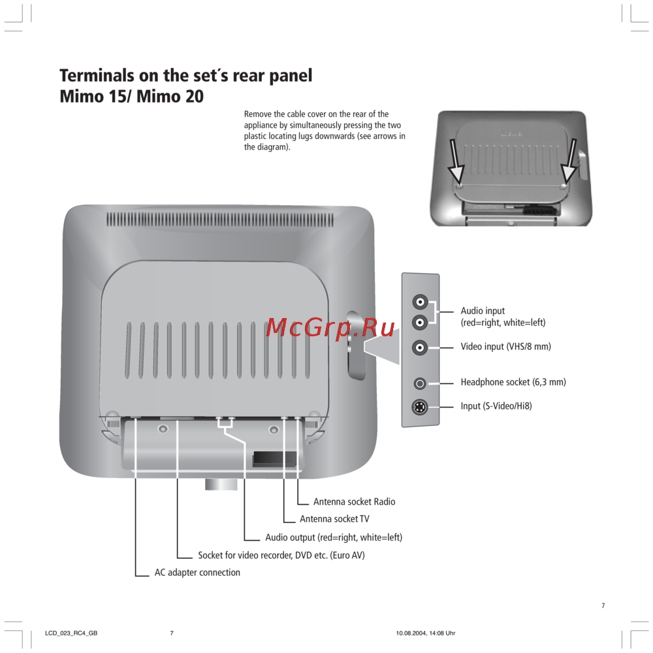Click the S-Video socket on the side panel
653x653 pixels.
click(419, 407)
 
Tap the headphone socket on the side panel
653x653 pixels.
click(420, 383)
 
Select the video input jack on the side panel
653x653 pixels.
click(420, 347)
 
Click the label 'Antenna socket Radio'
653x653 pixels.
click(354, 502)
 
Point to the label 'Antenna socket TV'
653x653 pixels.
click(334, 519)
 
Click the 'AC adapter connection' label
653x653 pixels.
click(197, 573)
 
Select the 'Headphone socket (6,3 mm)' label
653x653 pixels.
click(513, 382)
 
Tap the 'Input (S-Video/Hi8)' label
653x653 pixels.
click(496, 406)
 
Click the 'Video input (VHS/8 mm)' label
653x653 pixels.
click(505, 347)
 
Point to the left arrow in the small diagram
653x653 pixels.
click(454, 161)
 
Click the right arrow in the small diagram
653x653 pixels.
click(569, 161)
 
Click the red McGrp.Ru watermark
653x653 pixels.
click(330, 327)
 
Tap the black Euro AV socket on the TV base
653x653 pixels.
click(274, 458)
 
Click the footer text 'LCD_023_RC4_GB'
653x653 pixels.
click(71, 633)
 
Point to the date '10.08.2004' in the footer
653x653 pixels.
click(411, 633)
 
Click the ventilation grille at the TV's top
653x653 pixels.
click(220, 220)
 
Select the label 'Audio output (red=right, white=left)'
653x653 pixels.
click(334, 537)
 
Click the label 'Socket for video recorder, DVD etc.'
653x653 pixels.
click(263, 555)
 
